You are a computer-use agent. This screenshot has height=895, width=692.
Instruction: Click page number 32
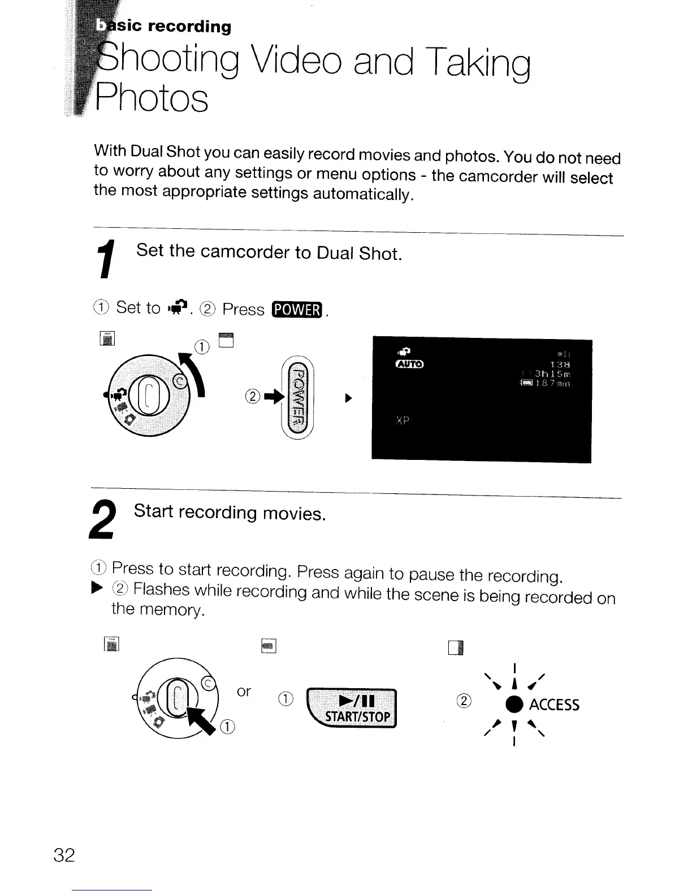[64, 855]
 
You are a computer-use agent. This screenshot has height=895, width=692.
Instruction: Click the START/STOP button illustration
[352, 709]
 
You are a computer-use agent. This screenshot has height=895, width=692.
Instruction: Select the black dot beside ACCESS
[514, 705]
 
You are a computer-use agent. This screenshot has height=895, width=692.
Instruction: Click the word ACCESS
[554, 705]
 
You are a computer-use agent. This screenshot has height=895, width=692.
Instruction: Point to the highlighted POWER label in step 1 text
[297, 310]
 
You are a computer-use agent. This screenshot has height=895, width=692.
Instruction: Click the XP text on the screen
[403, 421]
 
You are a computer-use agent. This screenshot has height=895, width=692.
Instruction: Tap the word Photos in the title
[152, 98]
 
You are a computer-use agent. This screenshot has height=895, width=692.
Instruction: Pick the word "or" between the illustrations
[244, 692]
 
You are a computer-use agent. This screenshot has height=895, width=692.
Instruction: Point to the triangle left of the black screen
[349, 398]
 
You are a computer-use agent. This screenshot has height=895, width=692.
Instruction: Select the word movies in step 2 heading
[295, 514]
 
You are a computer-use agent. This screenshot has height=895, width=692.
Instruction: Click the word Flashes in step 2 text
[161, 589]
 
